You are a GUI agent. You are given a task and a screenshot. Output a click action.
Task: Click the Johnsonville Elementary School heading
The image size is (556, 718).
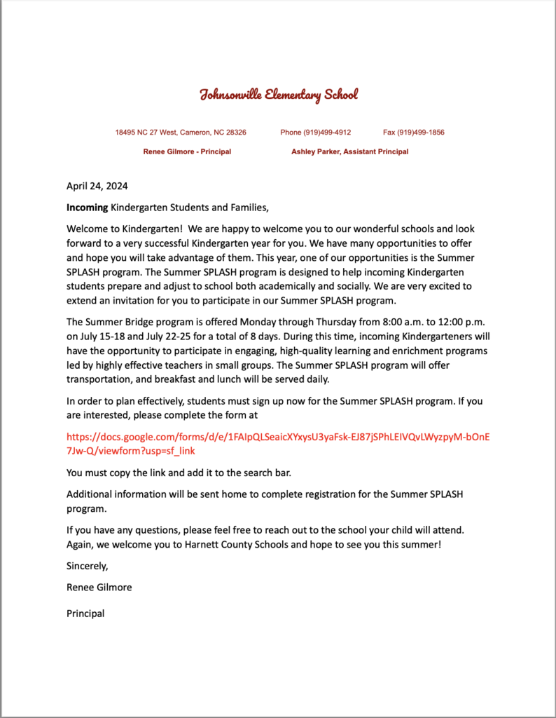tap(279, 95)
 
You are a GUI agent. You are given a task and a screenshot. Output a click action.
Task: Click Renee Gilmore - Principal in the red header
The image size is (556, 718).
tap(187, 151)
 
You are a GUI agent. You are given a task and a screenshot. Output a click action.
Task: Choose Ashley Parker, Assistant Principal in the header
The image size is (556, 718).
tap(349, 151)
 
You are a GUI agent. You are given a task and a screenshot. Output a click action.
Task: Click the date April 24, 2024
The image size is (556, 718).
tap(97, 187)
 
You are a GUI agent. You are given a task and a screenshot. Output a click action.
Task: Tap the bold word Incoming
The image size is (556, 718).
tap(87, 208)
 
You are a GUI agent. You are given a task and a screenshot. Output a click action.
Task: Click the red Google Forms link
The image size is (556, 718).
tap(278, 443)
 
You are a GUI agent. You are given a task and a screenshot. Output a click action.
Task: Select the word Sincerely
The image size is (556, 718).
tap(88, 566)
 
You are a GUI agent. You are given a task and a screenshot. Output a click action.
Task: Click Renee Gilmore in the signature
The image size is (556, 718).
tap(99, 588)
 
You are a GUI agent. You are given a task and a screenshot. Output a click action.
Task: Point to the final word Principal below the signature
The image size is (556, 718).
tap(85, 614)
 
